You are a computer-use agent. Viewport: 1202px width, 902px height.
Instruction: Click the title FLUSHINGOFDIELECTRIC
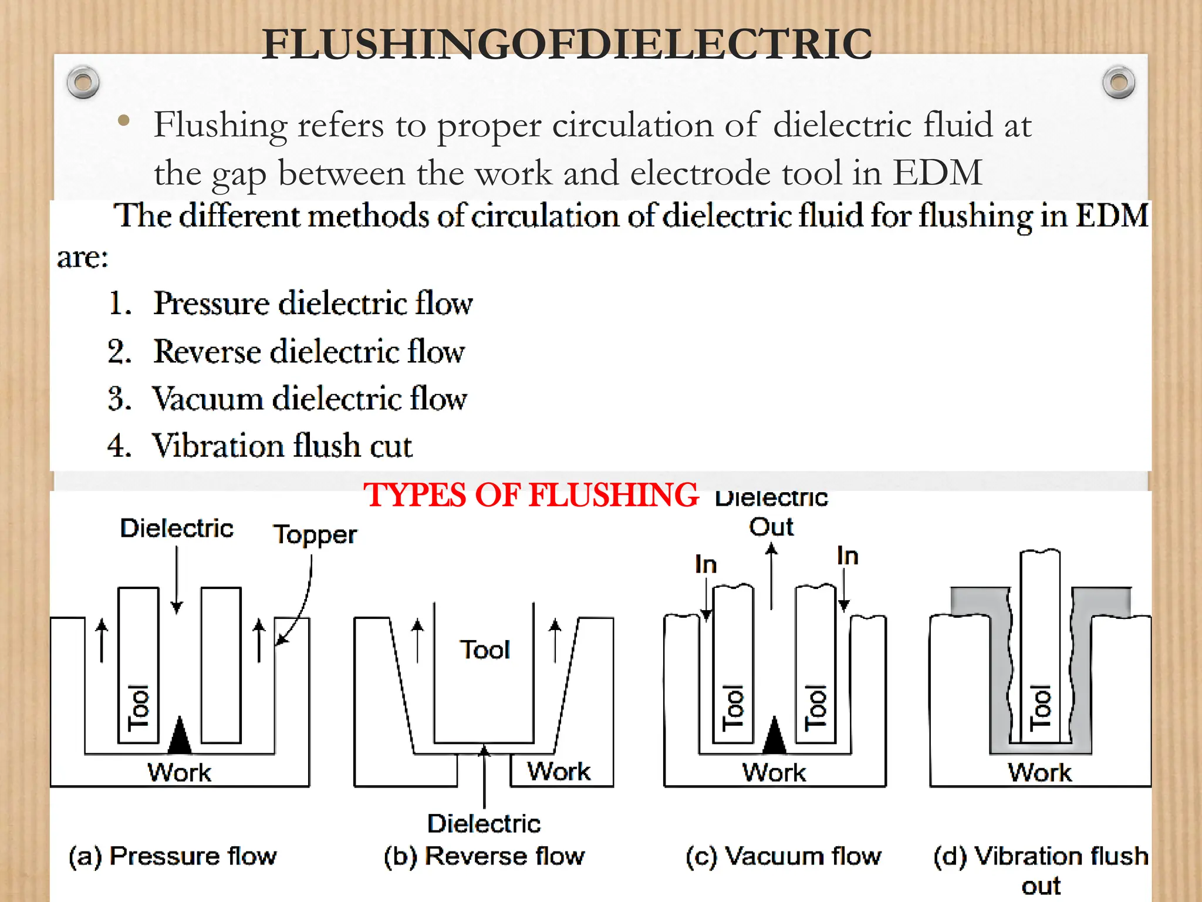point(567,45)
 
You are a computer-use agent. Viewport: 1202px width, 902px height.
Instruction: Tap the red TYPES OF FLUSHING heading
point(531,494)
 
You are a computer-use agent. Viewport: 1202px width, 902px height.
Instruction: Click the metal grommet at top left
point(83,82)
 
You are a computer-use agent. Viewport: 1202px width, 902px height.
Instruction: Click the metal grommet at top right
point(1119,82)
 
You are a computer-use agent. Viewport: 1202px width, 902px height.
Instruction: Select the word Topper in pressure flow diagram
point(315,534)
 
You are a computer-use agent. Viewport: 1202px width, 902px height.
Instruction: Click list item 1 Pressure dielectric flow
point(312,304)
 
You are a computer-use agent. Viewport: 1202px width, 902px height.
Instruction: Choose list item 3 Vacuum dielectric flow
point(309,399)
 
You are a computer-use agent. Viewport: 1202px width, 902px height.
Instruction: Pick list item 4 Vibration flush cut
point(282,446)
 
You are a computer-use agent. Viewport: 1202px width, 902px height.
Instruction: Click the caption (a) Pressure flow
point(173,856)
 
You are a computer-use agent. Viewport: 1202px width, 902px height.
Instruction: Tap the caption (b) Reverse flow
point(484,856)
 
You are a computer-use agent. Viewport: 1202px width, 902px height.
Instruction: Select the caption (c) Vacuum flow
point(784,856)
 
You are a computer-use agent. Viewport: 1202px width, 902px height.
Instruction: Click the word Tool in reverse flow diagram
point(485,650)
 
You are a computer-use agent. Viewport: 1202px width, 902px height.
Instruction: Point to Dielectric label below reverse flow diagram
point(484,823)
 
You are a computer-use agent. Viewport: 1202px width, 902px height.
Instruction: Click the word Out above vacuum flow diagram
point(771,527)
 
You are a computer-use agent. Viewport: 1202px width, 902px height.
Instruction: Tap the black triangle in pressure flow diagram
point(180,736)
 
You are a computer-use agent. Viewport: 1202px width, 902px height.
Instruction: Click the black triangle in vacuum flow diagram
point(775,736)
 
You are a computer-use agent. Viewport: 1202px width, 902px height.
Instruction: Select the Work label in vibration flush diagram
point(1039,772)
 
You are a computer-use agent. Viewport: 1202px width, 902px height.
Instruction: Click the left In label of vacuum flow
point(705,564)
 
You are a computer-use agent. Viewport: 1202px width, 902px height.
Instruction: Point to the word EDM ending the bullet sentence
point(937,173)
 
